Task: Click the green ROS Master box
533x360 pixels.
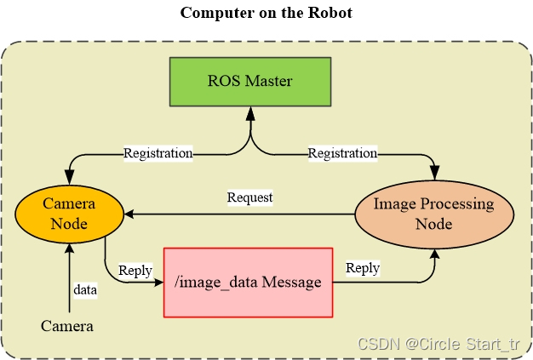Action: [x=250, y=82]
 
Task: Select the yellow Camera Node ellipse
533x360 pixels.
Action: [x=70, y=213]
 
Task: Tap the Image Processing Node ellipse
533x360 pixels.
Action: [x=433, y=214]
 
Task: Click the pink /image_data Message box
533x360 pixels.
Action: [x=248, y=283]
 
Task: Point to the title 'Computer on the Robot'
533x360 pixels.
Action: [x=266, y=14]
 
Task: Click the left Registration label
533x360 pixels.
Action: [x=158, y=153]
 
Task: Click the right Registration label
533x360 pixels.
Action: [x=342, y=153]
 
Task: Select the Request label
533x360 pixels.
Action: [x=249, y=197]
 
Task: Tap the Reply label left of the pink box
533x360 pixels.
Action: [x=135, y=271]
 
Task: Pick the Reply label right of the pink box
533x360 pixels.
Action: [x=363, y=268]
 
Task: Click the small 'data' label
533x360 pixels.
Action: [x=85, y=290]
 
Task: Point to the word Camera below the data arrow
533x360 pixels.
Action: [x=67, y=326]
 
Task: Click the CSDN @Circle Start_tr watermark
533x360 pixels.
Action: [x=438, y=344]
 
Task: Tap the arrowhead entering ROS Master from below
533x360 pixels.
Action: [x=250, y=111]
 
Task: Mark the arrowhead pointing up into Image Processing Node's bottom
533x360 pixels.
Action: [x=435, y=253]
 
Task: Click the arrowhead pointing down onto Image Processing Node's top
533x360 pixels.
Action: [x=435, y=174]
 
